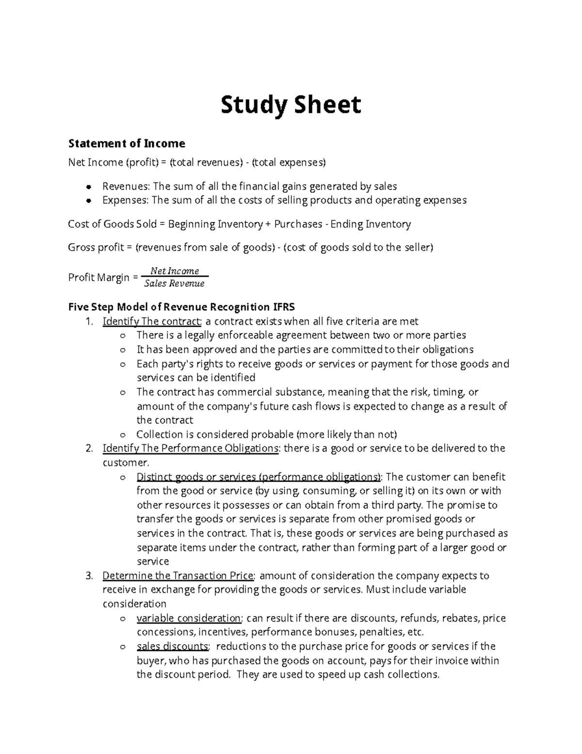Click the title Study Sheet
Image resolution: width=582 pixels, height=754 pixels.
pyautogui.click(x=291, y=105)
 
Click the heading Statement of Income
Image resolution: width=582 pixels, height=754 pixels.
pyautogui.click(x=127, y=144)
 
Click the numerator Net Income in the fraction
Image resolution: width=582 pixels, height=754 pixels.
pyautogui.click(x=175, y=271)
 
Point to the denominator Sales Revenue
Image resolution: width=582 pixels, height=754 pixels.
pyautogui.click(x=175, y=284)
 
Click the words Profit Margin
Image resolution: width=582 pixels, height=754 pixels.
pyautogui.click(x=99, y=278)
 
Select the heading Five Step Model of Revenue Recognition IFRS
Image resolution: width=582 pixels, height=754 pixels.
pyautogui.click(x=181, y=307)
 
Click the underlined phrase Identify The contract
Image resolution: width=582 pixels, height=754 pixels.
pyautogui.click(x=151, y=321)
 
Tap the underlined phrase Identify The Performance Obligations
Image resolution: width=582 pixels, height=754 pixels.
pyautogui.click(x=191, y=448)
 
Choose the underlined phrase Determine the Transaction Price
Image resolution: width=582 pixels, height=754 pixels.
pyautogui.click(x=178, y=576)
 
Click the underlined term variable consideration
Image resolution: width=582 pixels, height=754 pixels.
pyautogui.click(x=189, y=619)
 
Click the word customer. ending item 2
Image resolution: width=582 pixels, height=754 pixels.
pyautogui.click(x=121, y=463)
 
